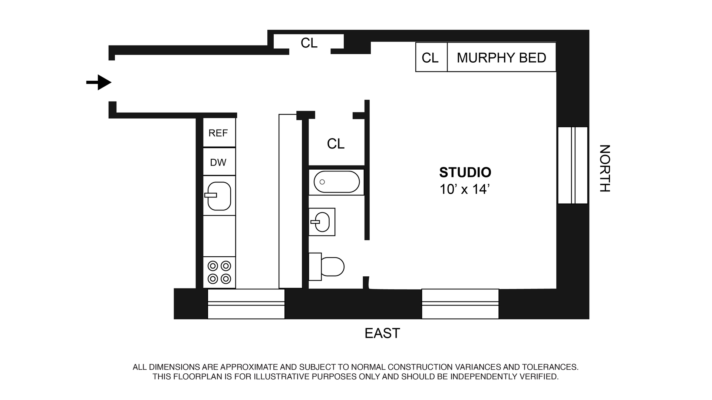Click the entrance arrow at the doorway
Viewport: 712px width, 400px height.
[x=99, y=82]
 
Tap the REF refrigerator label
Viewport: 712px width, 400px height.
[x=218, y=133]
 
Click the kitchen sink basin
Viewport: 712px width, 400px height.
[x=219, y=196]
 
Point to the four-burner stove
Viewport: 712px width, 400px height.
[x=219, y=272]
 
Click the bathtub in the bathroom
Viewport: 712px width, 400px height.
[x=336, y=182]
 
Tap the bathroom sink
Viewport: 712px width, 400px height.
[x=322, y=222]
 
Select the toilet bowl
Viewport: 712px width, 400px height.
[x=332, y=267]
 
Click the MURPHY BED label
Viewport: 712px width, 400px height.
[x=501, y=58]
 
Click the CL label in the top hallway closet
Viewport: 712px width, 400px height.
[x=309, y=43]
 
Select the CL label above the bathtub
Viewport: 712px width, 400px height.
[x=336, y=144]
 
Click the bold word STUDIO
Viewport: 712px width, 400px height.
[x=465, y=173]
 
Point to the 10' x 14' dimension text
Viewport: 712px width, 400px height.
[x=465, y=190]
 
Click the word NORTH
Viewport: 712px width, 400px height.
[x=604, y=169]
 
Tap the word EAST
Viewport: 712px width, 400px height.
[x=382, y=333]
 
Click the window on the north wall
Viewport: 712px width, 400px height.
[x=573, y=165]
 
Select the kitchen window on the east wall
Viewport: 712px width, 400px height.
[x=246, y=304]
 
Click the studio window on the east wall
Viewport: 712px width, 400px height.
[x=460, y=304]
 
